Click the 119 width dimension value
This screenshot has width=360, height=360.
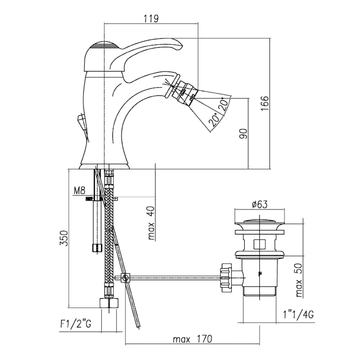[151, 18]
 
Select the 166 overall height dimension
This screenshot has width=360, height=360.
[264, 104]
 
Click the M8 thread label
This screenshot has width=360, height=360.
[79, 191]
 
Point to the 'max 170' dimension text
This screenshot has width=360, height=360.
[192, 338]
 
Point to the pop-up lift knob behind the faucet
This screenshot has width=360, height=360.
[81, 121]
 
